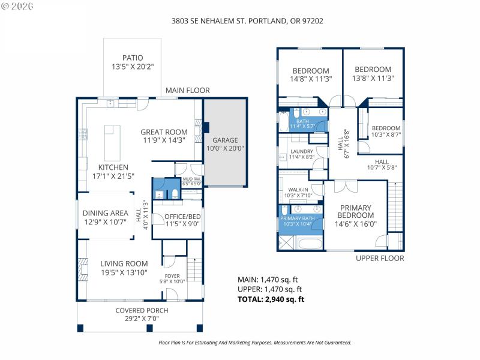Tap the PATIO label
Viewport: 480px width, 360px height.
tap(133, 58)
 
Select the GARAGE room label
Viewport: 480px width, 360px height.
tap(226, 140)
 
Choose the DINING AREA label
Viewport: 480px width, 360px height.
tap(105, 213)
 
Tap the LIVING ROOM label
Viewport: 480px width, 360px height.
tap(124, 263)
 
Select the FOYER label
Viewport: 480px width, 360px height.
tap(173, 276)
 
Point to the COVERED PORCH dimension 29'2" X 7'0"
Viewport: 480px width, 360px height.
tap(142, 319)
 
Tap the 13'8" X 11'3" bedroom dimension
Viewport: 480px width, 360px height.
tap(373, 78)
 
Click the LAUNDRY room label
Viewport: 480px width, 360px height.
tap(302, 152)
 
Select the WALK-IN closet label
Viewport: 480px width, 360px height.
tap(298, 190)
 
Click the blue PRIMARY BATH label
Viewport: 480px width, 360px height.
tap(298, 218)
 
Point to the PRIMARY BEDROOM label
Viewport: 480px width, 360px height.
tap(355, 211)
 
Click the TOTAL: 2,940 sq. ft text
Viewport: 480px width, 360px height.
tap(272, 299)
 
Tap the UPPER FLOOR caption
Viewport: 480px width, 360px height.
tap(380, 258)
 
